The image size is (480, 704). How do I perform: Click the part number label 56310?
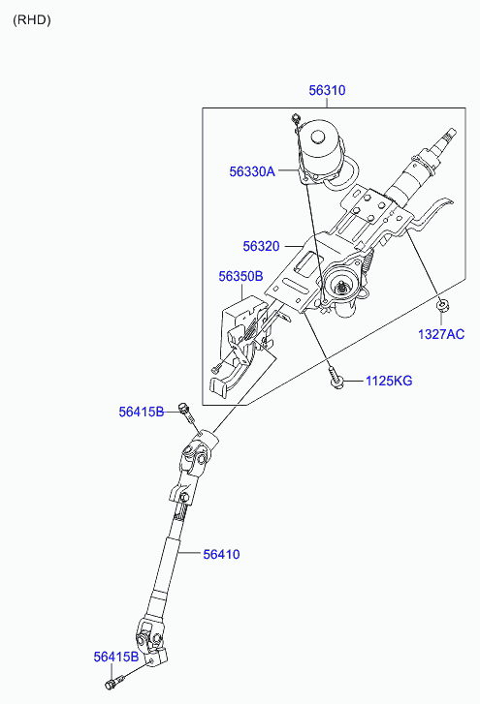(327, 90)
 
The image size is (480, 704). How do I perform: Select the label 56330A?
(252, 171)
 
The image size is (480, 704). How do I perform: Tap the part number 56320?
(261, 247)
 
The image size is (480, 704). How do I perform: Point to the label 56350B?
(240, 276)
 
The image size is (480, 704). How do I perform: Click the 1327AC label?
(441, 334)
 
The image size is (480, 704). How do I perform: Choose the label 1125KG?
(388, 381)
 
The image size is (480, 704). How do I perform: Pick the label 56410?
(221, 554)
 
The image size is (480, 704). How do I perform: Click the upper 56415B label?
(142, 412)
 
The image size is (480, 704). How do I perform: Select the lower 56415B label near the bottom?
(116, 657)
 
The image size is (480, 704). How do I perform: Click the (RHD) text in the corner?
(32, 19)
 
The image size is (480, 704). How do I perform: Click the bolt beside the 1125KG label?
(336, 380)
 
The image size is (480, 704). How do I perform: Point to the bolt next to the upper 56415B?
(184, 415)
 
